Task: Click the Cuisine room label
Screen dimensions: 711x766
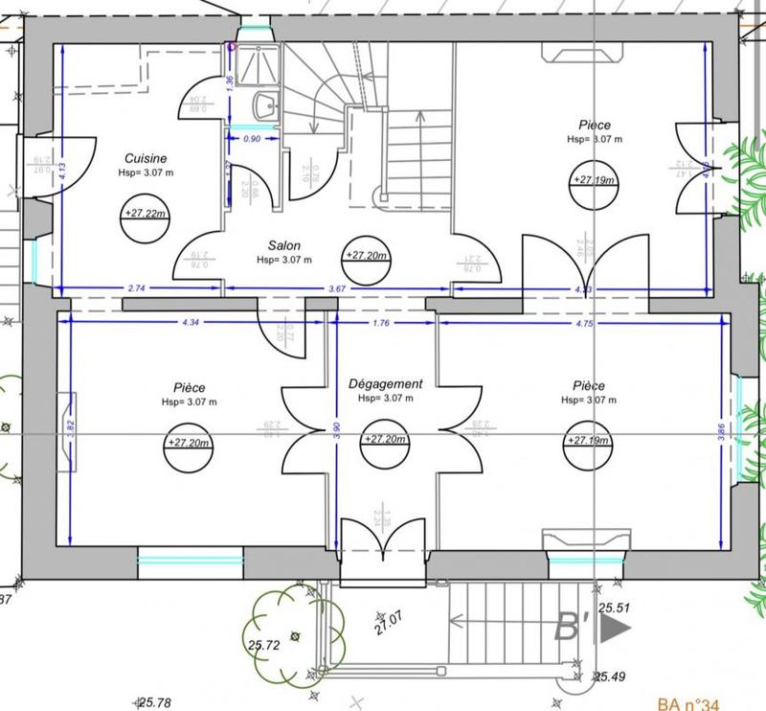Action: pyautogui.click(x=146, y=158)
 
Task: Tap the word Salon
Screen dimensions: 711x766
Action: pyautogui.click(x=284, y=245)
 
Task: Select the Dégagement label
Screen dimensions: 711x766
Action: pyautogui.click(x=386, y=383)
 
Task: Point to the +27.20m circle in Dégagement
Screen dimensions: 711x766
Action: pyautogui.click(x=385, y=440)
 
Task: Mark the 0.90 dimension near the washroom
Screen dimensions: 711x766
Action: pyautogui.click(x=254, y=138)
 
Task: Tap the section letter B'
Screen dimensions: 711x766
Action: pyautogui.click(x=572, y=629)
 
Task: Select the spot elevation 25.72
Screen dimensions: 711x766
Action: pyautogui.click(x=261, y=646)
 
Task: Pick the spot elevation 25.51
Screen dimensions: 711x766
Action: pyautogui.click(x=614, y=608)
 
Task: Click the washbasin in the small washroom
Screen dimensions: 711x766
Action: pyautogui.click(x=265, y=106)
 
